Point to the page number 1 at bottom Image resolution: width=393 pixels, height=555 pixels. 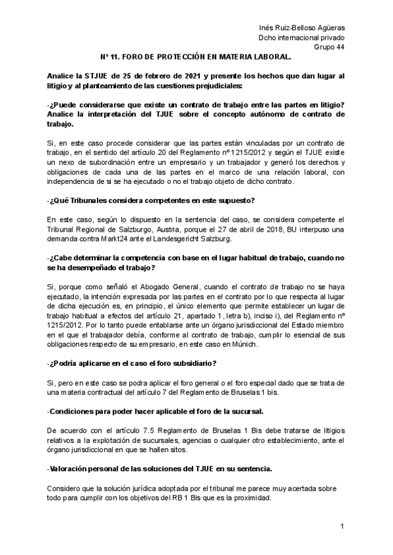click(342, 527)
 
